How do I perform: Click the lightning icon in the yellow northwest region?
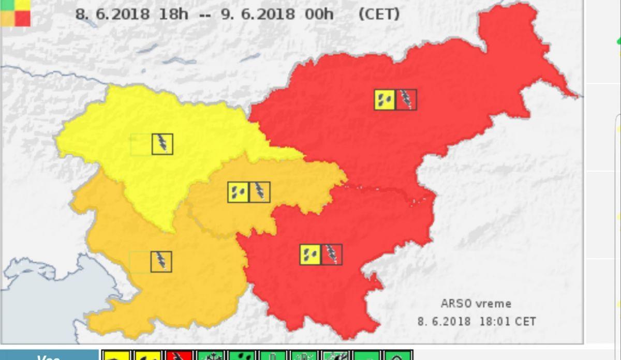pyautogui.click(x=162, y=144)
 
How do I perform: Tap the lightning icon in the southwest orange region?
pyautogui.click(x=161, y=262)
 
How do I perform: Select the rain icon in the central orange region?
pyautogui.click(x=238, y=192)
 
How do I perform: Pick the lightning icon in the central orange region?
pyautogui.click(x=259, y=192)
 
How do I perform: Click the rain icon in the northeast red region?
pyautogui.click(x=385, y=99)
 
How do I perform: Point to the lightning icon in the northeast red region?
pyautogui.click(x=406, y=99)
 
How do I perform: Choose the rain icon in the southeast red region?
pyautogui.click(x=310, y=254)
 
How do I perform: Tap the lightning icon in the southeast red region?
pyautogui.click(x=332, y=254)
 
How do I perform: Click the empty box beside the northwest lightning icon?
pyautogui.click(x=141, y=144)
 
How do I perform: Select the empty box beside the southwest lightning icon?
pyautogui.click(x=140, y=262)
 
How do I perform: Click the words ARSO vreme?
pyautogui.click(x=476, y=304)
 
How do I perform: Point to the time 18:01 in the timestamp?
pyautogui.click(x=495, y=321)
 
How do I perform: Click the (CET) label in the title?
pyautogui.click(x=379, y=14)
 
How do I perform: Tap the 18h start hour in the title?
pyautogui.click(x=173, y=14)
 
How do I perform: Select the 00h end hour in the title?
pyautogui.click(x=319, y=14)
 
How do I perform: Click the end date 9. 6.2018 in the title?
pyautogui.click(x=258, y=14)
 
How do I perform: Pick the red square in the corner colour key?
pyautogui.click(x=22, y=19)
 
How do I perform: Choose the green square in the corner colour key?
pyautogui.click(x=7, y=4)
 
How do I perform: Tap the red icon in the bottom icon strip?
pyautogui.click(x=180, y=356)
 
